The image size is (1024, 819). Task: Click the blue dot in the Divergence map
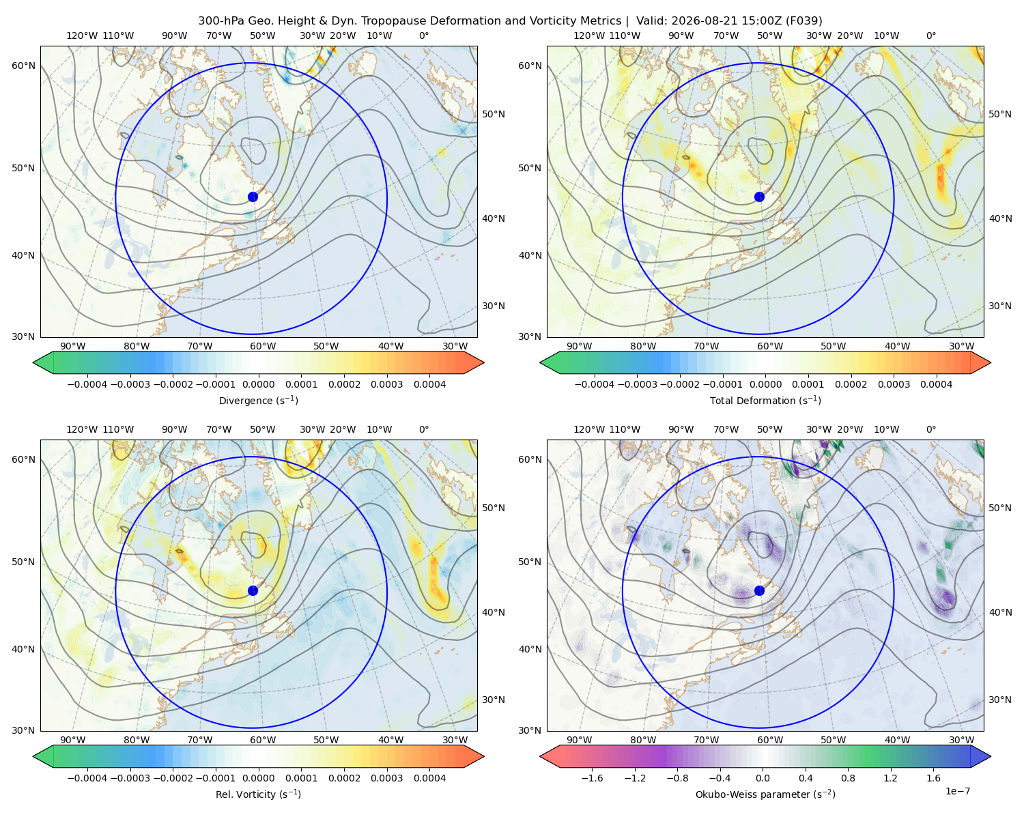[x=253, y=197]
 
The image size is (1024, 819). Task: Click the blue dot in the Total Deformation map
[x=759, y=197]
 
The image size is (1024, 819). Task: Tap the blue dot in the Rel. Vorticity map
[x=253, y=590]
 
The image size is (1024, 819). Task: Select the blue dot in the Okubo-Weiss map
[x=759, y=590]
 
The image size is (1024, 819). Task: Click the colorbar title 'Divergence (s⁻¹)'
[x=258, y=400]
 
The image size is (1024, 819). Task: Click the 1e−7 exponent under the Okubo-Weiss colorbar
[x=957, y=791]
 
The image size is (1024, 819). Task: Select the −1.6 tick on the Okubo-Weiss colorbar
[x=592, y=778]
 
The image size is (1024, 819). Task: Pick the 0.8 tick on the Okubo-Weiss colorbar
[x=848, y=778]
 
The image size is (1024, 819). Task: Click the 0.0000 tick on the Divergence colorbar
[x=258, y=384]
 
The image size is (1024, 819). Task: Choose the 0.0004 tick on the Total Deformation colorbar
[x=937, y=384]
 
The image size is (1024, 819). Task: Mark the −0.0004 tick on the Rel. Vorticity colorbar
[x=87, y=778]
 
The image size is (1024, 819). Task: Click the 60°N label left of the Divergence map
[x=23, y=66]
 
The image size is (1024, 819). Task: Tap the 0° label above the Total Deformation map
[x=930, y=35]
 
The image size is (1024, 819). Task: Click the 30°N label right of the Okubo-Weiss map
[x=999, y=700]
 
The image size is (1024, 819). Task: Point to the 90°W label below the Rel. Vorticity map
[x=73, y=740]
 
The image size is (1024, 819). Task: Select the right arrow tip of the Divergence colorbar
[x=484, y=362]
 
